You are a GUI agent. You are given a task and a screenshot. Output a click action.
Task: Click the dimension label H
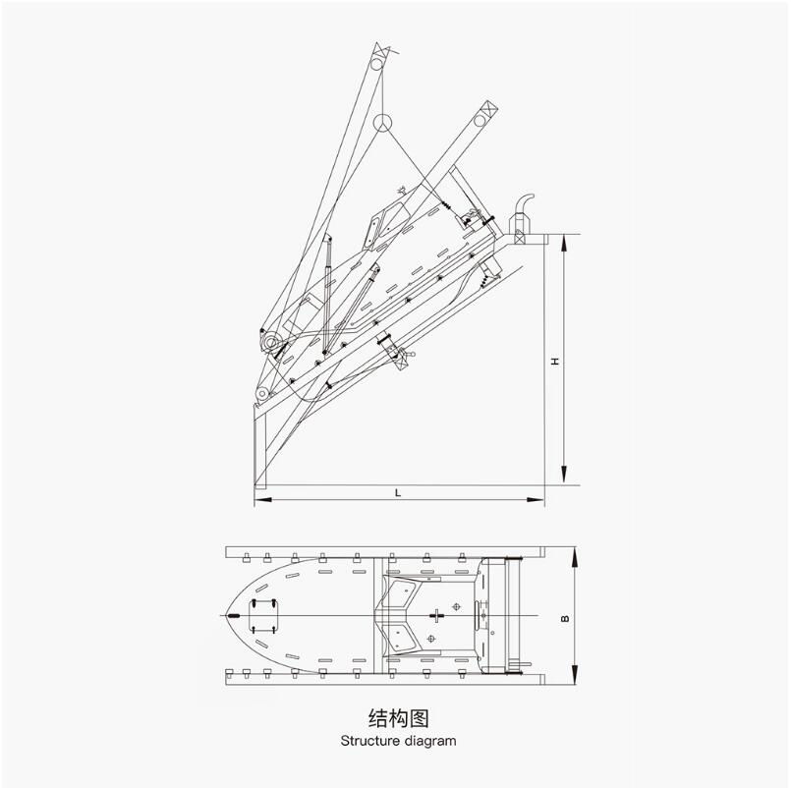[x=555, y=362]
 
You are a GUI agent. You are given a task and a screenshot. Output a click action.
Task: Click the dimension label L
[x=398, y=493]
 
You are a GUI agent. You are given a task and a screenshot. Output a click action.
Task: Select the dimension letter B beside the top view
[x=565, y=618]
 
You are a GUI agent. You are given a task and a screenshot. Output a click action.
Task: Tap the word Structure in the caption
[x=369, y=741]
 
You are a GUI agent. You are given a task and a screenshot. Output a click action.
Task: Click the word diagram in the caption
[x=429, y=742]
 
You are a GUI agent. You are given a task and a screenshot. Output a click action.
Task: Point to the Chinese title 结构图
[x=399, y=718]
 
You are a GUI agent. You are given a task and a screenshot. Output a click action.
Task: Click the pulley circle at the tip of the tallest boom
[x=377, y=64]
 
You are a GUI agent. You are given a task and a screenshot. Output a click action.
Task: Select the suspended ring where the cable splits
[x=382, y=123]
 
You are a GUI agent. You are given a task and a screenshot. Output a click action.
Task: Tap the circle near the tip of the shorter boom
[x=480, y=121]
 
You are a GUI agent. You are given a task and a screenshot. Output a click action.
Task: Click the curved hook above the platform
[x=525, y=203]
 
